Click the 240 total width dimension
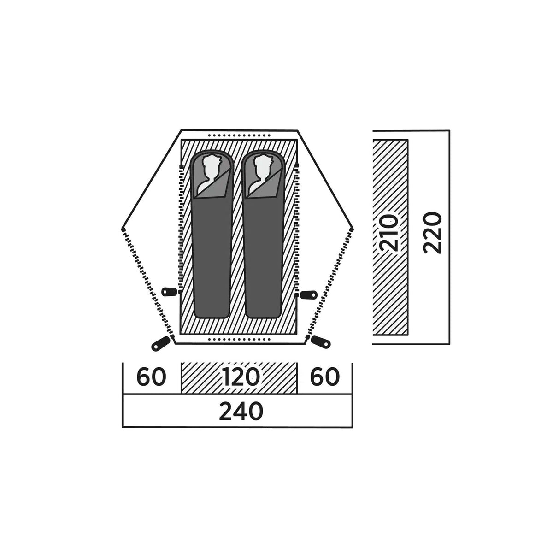tap(241, 411)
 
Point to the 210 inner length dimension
tap(389, 233)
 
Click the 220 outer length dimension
tap(432, 233)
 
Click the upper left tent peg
tap(169, 292)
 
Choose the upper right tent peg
tap(309, 294)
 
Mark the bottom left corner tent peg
tap(161, 343)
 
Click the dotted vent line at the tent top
tap(239, 135)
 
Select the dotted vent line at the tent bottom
tap(239, 340)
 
